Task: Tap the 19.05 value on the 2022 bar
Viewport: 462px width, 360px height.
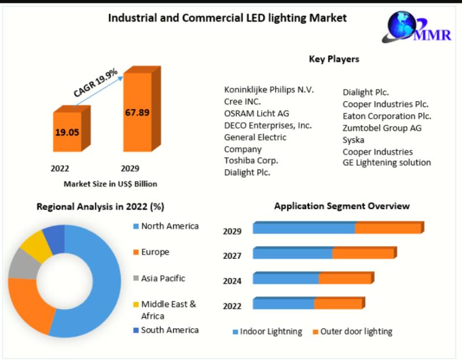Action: click(x=67, y=132)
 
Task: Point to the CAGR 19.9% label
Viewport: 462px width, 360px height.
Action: click(x=96, y=83)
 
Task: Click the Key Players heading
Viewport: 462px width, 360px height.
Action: click(x=334, y=59)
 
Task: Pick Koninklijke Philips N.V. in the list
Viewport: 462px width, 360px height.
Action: click(x=269, y=90)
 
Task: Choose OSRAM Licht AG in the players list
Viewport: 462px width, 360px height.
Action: click(x=256, y=113)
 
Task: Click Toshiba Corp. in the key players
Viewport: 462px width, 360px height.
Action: click(x=251, y=160)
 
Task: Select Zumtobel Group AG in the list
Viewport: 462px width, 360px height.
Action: click(x=382, y=128)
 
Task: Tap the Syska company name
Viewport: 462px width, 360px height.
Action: click(x=353, y=140)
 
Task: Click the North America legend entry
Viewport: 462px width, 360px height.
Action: click(x=169, y=226)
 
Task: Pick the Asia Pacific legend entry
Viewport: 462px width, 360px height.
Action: click(x=163, y=278)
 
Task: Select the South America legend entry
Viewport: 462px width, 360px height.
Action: click(x=169, y=330)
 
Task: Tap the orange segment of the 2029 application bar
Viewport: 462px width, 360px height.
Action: click(x=388, y=228)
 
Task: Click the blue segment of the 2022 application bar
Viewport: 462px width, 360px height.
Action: click(x=283, y=304)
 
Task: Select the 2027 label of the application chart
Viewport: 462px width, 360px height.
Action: click(x=232, y=255)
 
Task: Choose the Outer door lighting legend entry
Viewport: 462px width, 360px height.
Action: click(x=356, y=332)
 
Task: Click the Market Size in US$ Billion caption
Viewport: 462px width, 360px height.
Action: click(x=110, y=184)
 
